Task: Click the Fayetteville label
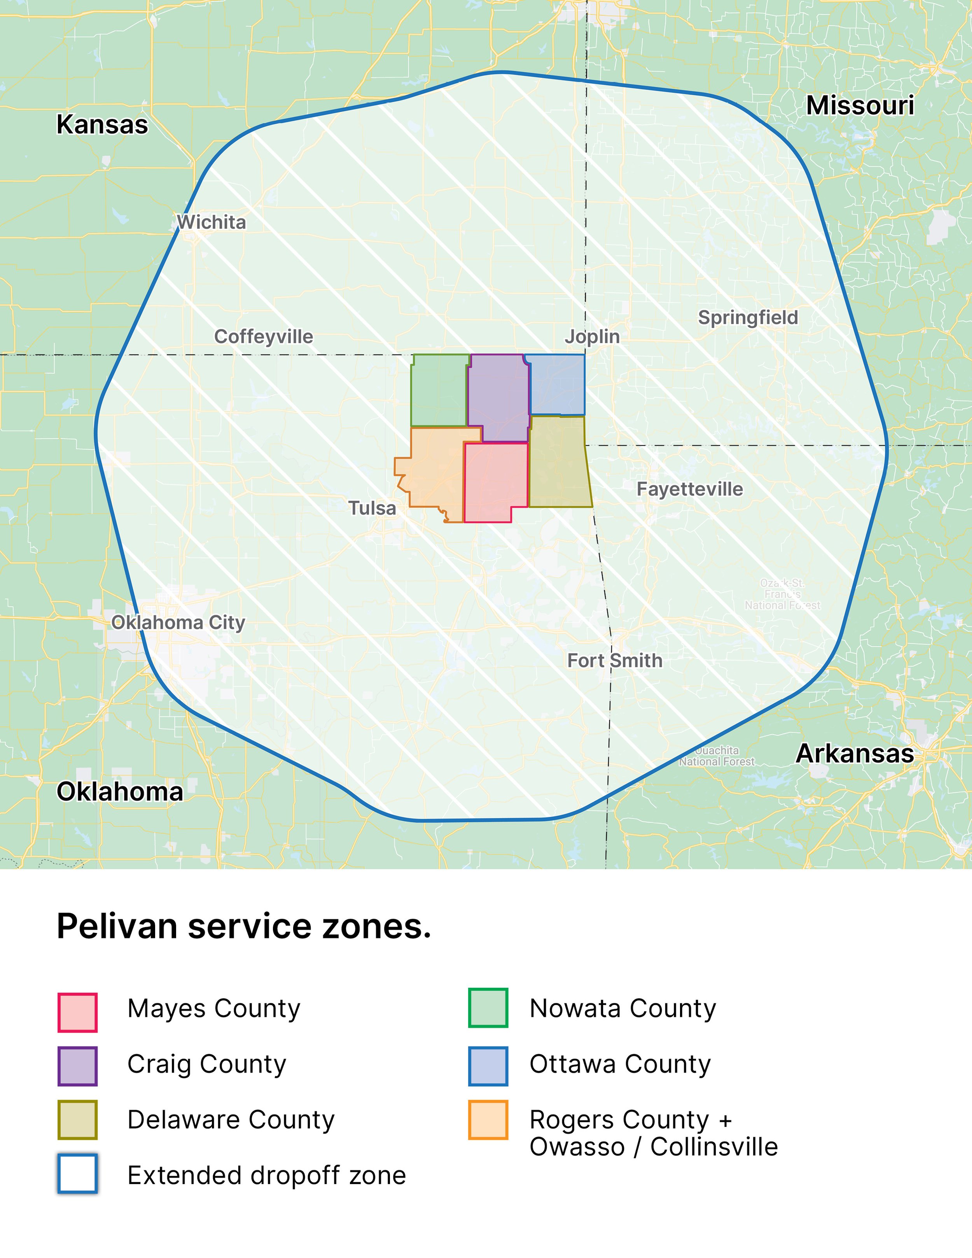pos(689,489)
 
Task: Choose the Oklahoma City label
pos(178,622)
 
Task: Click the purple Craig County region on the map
pos(498,395)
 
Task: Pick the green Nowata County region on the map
pos(439,390)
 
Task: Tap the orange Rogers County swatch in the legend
pos(488,1120)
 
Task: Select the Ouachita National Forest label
pos(716,756)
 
